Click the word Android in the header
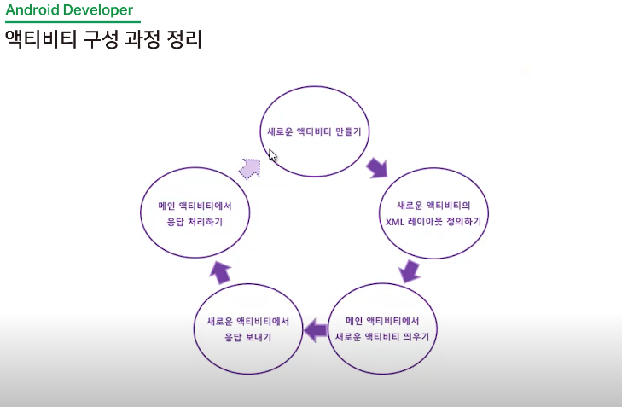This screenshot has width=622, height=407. click(33, 10)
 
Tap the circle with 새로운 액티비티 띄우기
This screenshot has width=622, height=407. click(387, 329)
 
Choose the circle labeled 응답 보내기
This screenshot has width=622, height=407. click(248, 329)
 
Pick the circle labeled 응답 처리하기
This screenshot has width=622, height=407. click(195, 213)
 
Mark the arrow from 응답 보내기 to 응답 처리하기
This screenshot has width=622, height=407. click(221, 271)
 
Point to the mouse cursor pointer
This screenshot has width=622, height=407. click(272, 155)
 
